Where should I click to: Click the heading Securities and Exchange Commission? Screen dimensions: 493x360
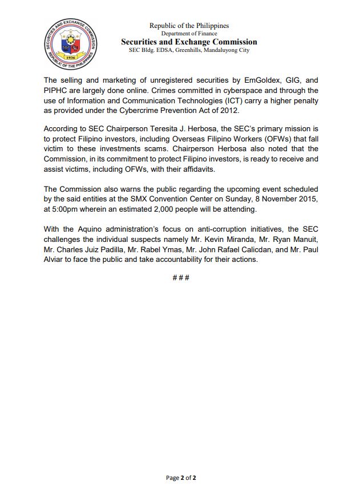click(189, 42)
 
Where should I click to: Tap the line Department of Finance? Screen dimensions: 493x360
click(189, 34)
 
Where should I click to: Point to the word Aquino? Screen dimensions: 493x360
click(91, 229)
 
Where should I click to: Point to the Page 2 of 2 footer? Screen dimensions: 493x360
click(181, 478)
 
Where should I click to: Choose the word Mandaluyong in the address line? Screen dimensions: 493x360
click(221, 50)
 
